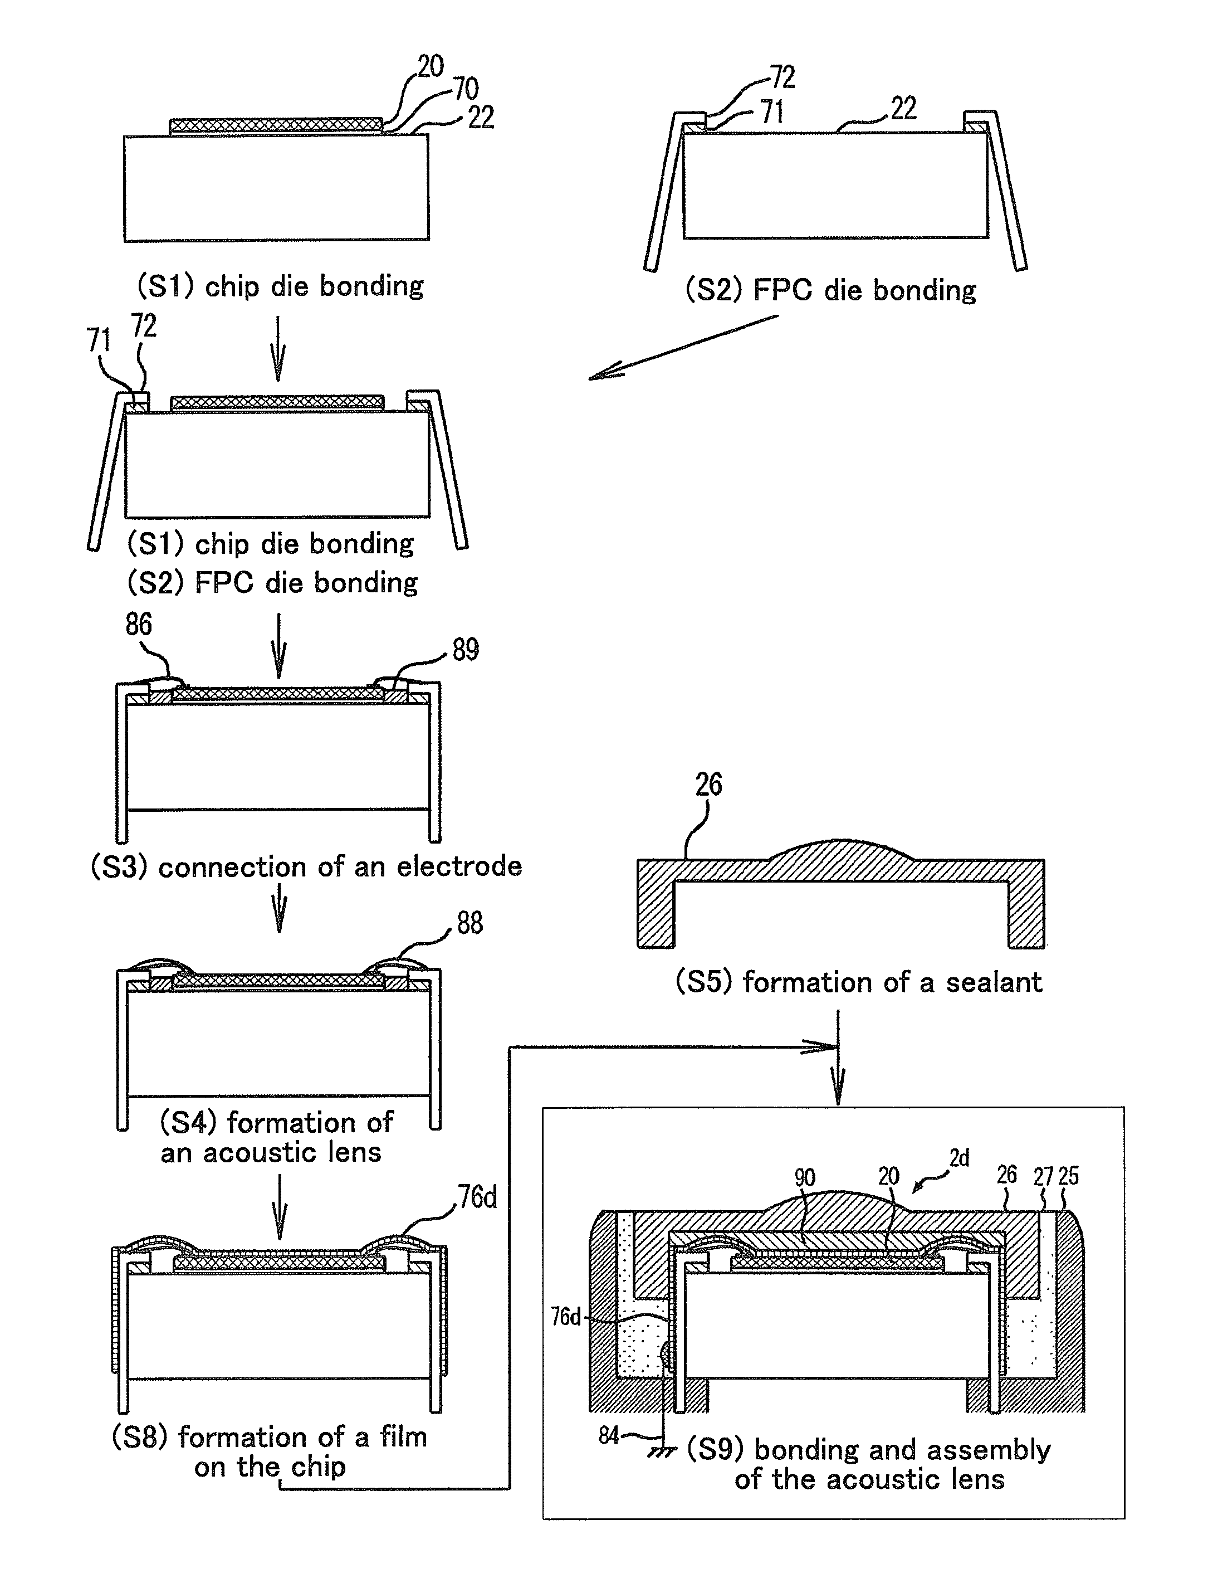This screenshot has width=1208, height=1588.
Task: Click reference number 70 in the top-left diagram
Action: tap(466, 89)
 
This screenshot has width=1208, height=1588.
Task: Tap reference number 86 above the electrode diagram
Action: tap(139, 624)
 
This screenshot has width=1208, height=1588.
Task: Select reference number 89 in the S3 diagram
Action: tap(465, 650)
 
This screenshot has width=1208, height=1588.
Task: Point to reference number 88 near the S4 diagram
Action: tap(469, 923)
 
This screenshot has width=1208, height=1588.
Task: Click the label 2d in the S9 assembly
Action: tap(959, 1158)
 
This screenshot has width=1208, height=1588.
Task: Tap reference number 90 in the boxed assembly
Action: tap(805, 1177)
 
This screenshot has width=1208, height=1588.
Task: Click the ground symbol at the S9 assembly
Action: tap(662, 1451)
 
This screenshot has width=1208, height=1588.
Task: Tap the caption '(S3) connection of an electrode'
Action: tap(306, 866)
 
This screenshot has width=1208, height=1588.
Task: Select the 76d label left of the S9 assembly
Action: tap(565, 1317)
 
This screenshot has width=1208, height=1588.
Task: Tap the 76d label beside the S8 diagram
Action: tap(477, 1197)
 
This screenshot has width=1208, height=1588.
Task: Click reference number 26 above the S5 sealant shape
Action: tap(708, 784)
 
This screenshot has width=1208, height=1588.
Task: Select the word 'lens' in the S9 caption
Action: tap(976, 1479)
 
